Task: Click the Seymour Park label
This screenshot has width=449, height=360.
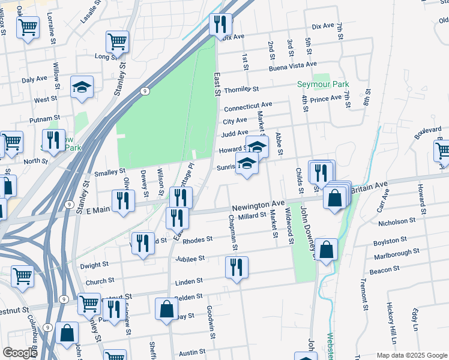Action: (323, 85)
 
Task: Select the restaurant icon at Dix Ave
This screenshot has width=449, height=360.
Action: (220, 25)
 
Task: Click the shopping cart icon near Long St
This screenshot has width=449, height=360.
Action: (118, 41)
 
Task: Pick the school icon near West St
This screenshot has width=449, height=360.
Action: (82, 87)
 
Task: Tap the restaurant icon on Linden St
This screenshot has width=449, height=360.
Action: (237, 267)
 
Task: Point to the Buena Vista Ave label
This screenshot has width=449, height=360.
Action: (293, 64)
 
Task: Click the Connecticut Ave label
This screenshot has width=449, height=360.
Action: (248, 107)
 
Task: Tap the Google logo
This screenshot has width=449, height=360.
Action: (20, 353)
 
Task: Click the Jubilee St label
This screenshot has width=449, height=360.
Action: (191, 259)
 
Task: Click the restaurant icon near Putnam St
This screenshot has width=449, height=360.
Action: (53, 140)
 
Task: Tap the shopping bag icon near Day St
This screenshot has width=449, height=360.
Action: (166, 308)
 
